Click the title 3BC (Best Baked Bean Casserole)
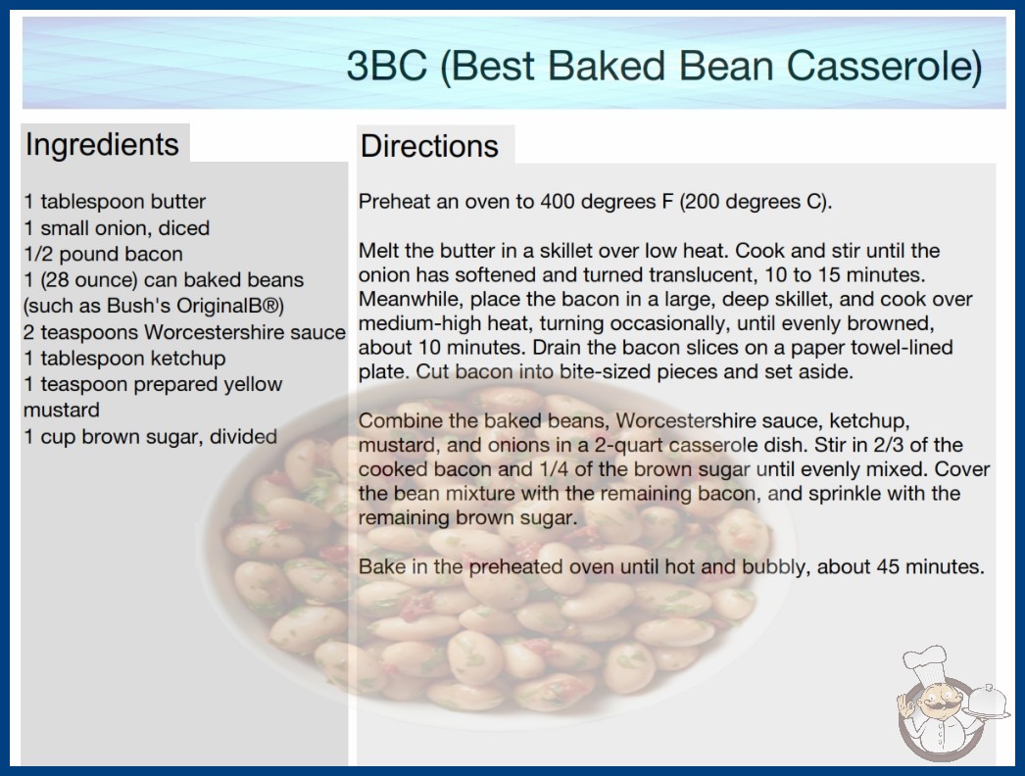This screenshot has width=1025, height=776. (664, 66)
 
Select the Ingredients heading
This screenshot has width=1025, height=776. (102, 144)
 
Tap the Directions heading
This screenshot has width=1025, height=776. (429, 146)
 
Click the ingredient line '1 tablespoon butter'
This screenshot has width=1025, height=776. (115, 202)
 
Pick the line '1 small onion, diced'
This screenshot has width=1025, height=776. (117, 227)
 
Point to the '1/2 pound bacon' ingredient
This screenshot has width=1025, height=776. (103, 254)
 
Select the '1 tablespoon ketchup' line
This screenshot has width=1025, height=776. (124, 359)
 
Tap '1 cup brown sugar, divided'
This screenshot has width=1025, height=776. (151, 436)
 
